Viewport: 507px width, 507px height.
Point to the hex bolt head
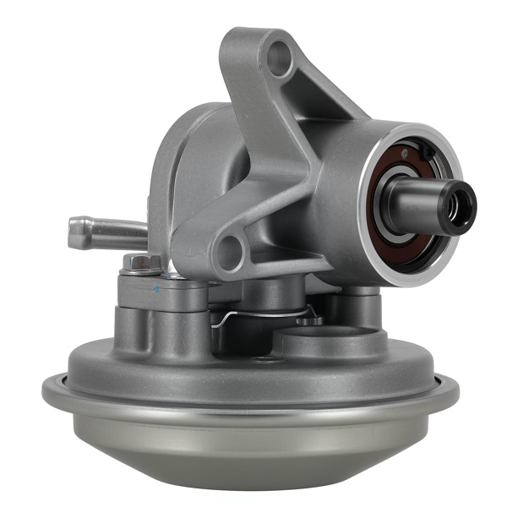(x=141, y=263)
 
